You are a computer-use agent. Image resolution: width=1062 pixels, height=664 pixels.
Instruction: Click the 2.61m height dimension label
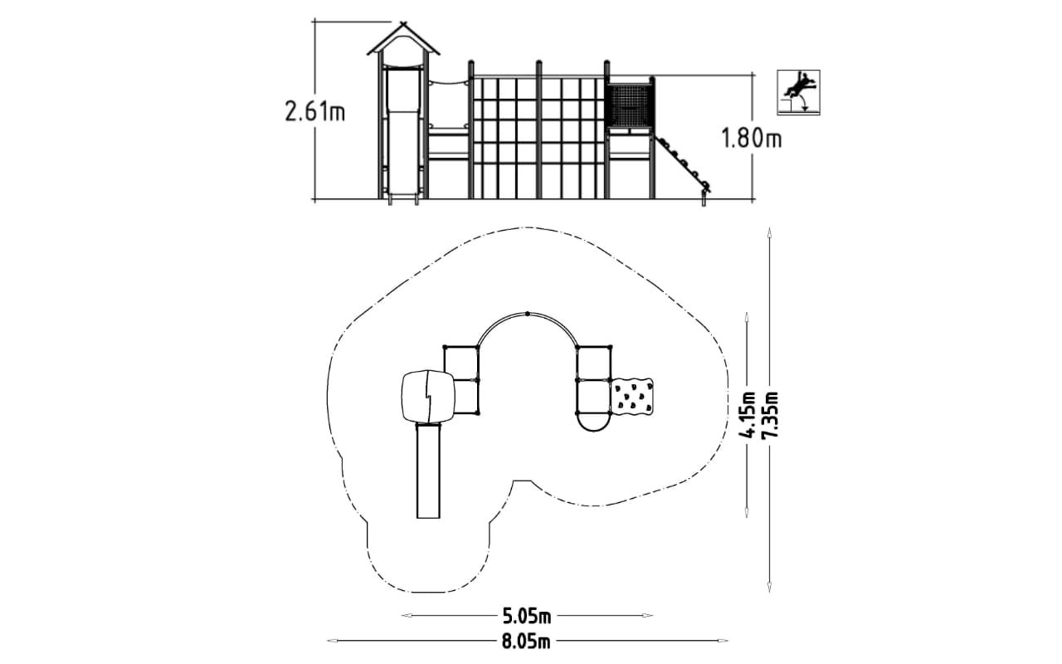coord(314,112)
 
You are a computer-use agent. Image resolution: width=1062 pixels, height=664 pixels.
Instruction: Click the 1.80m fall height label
coord(752,139)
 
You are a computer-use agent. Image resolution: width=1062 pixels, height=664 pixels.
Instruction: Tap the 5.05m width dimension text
coord(527,616)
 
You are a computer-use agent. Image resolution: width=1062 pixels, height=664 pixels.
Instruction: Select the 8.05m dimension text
coord(527,642)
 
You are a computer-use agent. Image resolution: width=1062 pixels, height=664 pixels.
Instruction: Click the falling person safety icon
coord(798,92)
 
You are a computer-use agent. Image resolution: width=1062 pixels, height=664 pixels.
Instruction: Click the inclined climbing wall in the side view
coord(682,164)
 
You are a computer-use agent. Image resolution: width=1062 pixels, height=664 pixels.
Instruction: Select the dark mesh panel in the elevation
coord(630,106)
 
